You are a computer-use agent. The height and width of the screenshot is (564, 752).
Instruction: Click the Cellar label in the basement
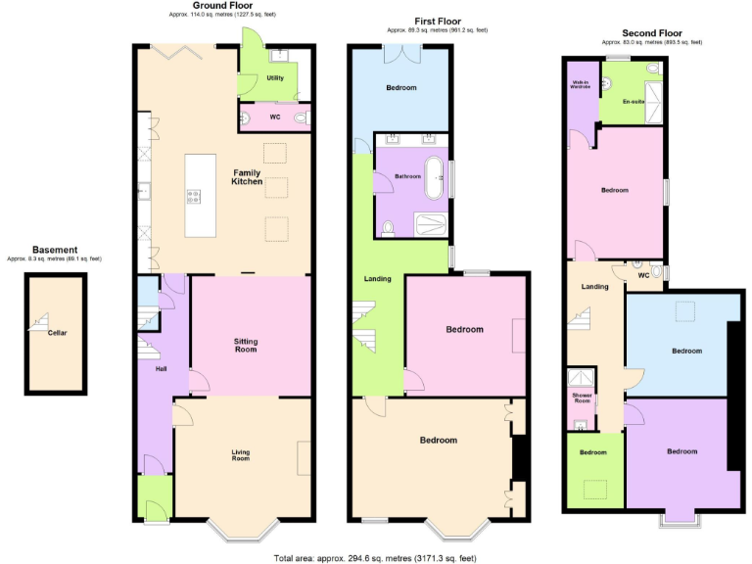(x=57, y=333)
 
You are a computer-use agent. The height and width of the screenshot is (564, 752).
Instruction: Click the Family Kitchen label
(x=246, y=178)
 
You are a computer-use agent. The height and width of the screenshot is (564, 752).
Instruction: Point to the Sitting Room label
(x=246, y=345)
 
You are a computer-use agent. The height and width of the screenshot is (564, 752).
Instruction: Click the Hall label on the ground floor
(x=161, y=369)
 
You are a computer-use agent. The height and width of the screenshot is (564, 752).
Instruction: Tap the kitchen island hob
(x=193, y=197)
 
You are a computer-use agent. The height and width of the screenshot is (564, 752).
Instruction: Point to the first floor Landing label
(x=377, y=279)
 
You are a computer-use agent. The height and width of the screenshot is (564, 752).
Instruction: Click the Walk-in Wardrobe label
(x=580, y=85)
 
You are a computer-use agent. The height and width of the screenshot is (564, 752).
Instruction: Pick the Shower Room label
(x=583, y=398)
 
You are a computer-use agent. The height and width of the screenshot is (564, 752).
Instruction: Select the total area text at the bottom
(x=375, y=557)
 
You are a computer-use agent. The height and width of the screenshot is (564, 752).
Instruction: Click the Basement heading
(x=54, y=250)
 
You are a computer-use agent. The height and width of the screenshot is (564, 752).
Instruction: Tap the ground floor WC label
(x=275, y=117)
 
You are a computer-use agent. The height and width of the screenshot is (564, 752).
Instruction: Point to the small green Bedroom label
(x=592, y=452)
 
